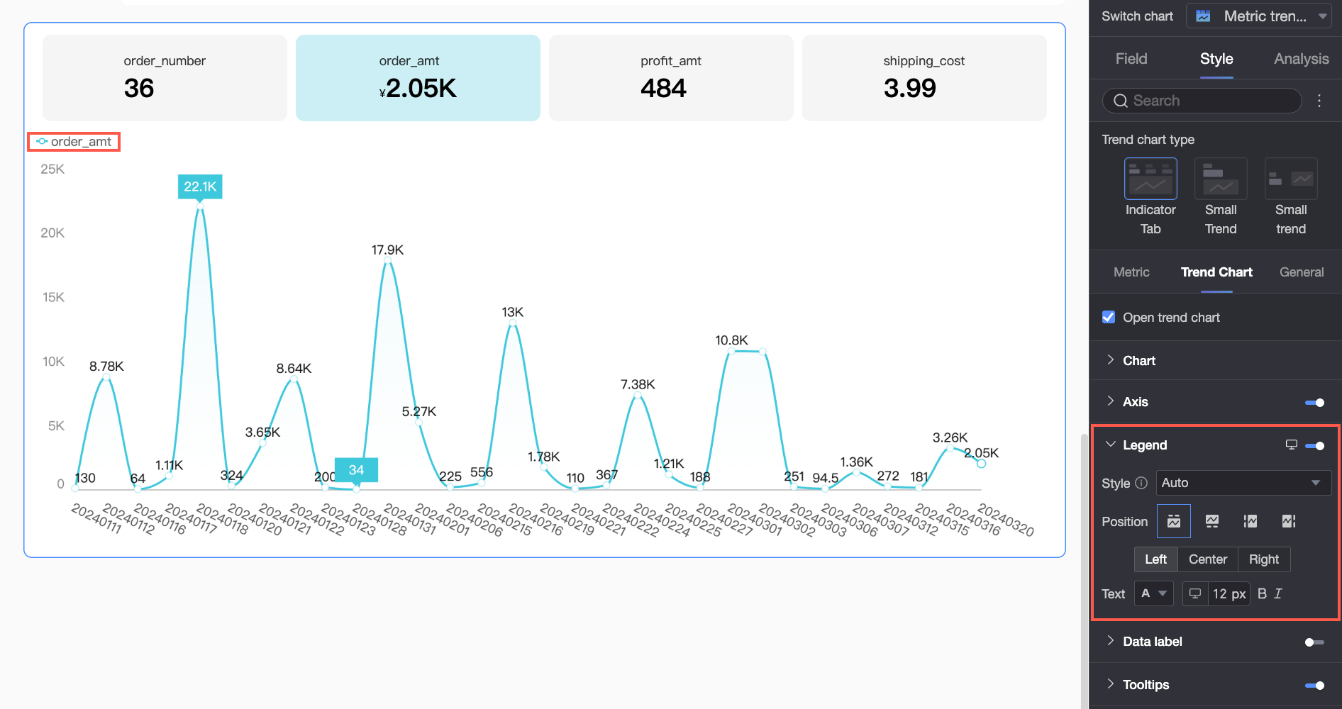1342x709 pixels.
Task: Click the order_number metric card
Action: pyautogui.click(x=165, y=78)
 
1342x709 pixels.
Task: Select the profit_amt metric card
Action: pyautogui.click(x=671, y=78)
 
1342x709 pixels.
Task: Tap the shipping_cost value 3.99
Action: pyautogui.click(x=910, y=89)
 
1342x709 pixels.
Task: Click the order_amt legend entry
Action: pyautogui.click(x=74, y=142)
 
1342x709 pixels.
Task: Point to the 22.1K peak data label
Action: pyautogui.click(x=200, y=186)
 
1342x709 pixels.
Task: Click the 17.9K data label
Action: pyautogui.click(x=387, y=250)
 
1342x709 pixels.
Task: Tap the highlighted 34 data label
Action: pyautogui.click(x=356, y=470)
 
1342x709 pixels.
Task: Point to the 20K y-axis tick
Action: pyautogui.click(x=52, y=233)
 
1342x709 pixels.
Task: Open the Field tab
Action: pyautogui.click(x=1131, y=59)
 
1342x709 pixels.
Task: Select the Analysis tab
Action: pyautogui.click(x=1301, y=59)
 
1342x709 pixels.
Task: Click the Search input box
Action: pyautogui.click(x=1202, y=101)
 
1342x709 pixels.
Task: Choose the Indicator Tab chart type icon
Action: pyautogui.click(x=1150, y=179)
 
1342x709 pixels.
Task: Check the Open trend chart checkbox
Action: pyautogui.click(x=1109, y=317)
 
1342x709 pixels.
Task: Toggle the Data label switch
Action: pyautogui.click(x=1314, y=642)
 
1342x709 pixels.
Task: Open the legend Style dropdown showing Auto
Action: pyautogui.click(x=1243, y=483)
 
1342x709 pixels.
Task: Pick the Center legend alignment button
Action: pyautogui.click(x=1208, y=559)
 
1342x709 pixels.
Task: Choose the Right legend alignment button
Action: pyautogui.click(x=1264, y=559)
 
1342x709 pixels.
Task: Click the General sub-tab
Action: pyautogui.click(x=1302, y=272)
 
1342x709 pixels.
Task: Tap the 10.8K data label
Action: pyautogui.click(x=731, y=340)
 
